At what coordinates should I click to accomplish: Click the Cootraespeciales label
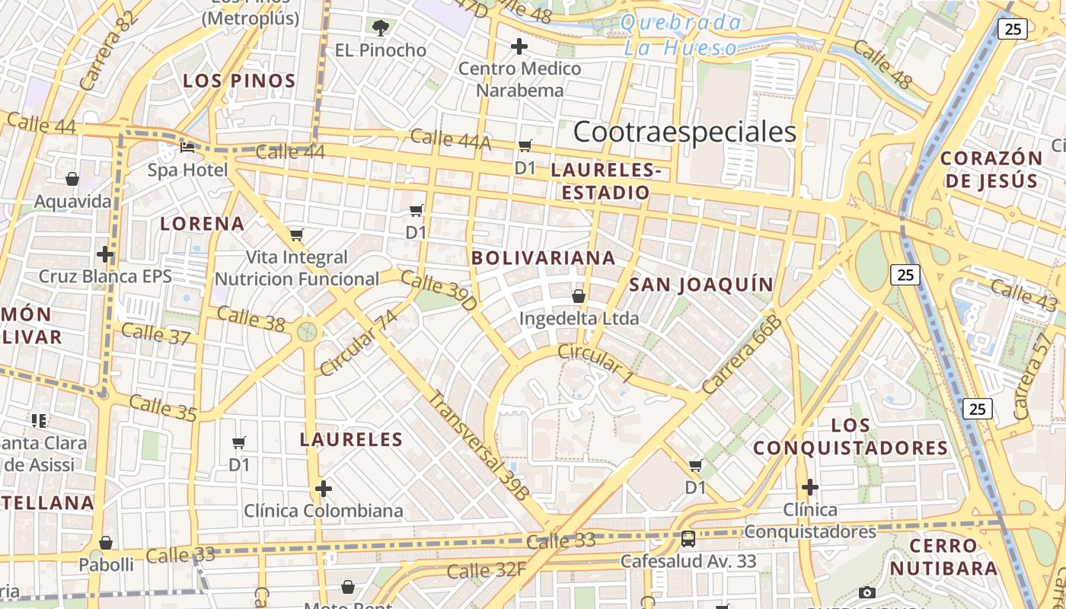point(685,132)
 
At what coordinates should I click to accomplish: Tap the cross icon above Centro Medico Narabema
point(519,47)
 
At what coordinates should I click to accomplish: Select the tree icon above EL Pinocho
point(381,29)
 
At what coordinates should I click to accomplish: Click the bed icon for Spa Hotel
point(187,147)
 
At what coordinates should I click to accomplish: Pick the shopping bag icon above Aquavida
point(72,180)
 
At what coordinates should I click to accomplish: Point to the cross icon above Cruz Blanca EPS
point(105,254)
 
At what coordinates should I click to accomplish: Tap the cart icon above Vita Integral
point(297,234)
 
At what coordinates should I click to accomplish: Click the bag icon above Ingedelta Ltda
point(579,296)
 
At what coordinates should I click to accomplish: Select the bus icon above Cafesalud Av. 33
point(688,539)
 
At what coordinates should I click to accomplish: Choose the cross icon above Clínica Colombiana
point(324,488)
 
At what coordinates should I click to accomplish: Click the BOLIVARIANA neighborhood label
point(544,258)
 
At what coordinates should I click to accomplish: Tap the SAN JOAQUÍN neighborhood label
point(701,285)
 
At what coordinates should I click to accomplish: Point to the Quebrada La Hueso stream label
point(681,35)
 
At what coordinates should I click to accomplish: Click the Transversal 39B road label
point(477,445)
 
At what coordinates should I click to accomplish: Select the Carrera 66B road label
point(742,355)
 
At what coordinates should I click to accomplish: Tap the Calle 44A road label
point(450,139)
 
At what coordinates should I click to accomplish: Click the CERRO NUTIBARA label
point(943,556)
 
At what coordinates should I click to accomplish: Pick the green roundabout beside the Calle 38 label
point(307,331)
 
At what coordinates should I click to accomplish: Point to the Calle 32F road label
point(487,570)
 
